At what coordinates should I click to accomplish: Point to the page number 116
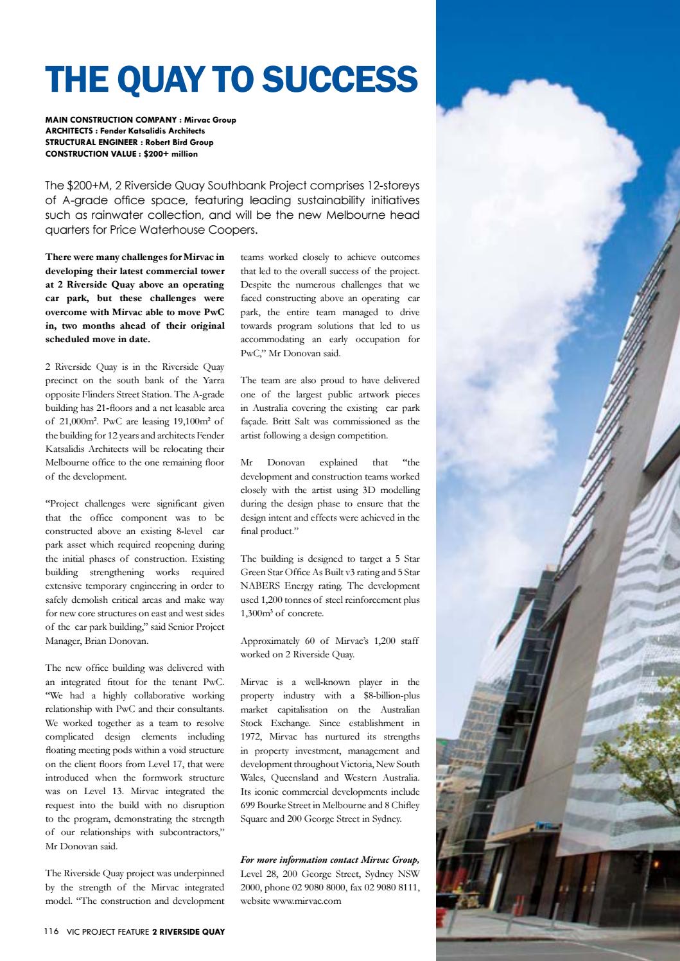[51, 932]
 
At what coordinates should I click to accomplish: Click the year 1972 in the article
[250, 737]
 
